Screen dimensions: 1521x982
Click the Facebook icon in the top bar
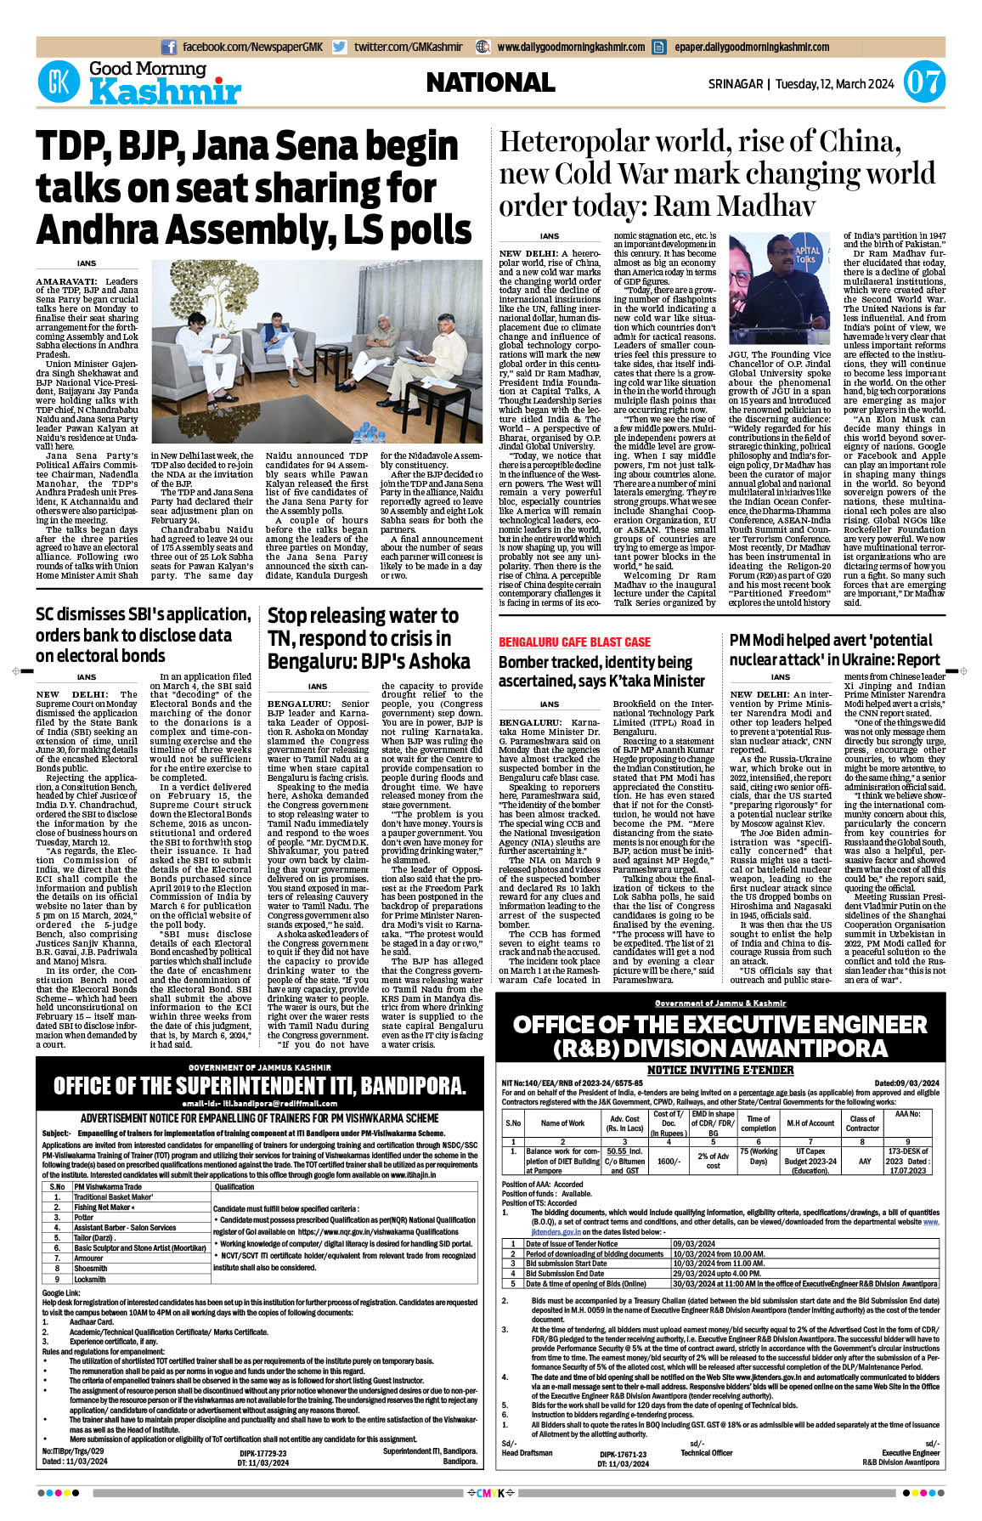tap(169, 48)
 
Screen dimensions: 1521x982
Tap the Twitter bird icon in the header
tap(340, 48)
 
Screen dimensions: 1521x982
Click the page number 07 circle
tap(923, 83)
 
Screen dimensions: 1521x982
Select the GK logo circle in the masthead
tap(59, 83)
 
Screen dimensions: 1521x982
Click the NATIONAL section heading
tap(490, 82)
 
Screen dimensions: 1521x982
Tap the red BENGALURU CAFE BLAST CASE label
tap(574, 642)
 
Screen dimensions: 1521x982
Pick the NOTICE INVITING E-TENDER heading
tap(720, 1070)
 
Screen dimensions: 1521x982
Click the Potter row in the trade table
tap(84, 1218)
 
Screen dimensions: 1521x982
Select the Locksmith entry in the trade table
tap(90, 1279)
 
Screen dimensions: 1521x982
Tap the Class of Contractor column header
tap(862, 1124)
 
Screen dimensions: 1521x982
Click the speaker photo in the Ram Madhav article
tap(780, 289)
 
